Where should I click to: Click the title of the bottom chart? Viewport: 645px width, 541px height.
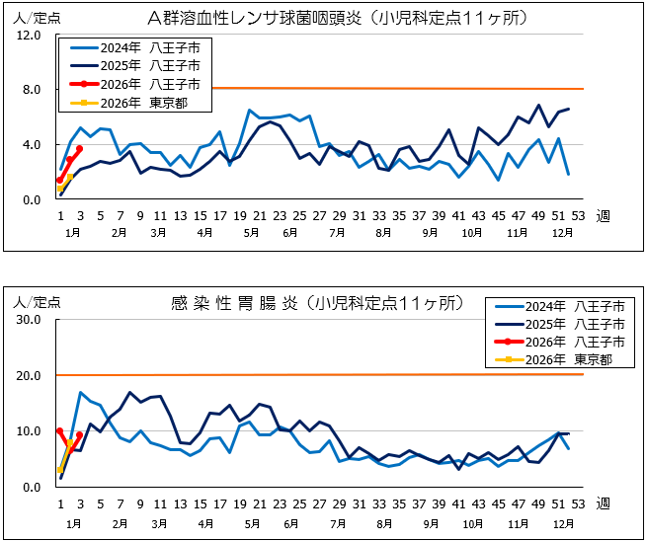coord(316,305)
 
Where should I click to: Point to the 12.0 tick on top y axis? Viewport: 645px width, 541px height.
coord(29,36)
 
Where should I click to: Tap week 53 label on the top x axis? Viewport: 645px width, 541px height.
coord(579,216)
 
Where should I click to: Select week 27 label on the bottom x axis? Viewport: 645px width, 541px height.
coord(319,503)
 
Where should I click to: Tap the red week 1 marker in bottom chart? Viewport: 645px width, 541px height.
coord(60,431)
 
